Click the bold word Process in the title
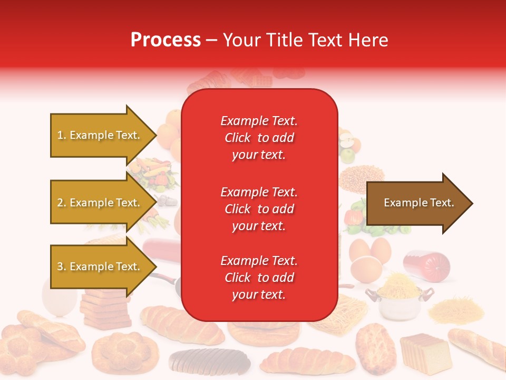coord(166,40)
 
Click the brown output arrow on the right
coord(419,203)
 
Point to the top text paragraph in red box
coord(259,138)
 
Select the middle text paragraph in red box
coord(259,209)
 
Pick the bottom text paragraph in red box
coord(259,278)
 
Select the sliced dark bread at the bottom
coord(210,361)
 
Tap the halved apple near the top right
coord(347,140)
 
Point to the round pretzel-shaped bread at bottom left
coord(124,350)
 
